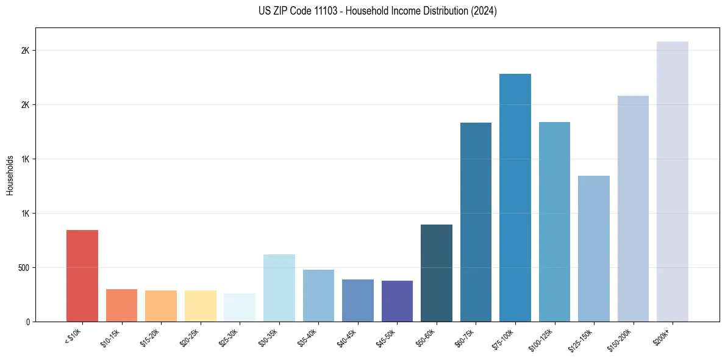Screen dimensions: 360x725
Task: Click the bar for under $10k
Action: pyautogui.click(x=82, y=276)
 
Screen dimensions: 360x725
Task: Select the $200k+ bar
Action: pyautogui.click(x=673, y=182)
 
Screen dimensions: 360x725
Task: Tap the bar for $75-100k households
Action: pyautogui.click(x=515, y=198)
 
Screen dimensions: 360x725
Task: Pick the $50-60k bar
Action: pyautogui.click(x=437, y=273)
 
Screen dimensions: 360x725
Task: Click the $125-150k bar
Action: pyautogui.click(x=594, y=249)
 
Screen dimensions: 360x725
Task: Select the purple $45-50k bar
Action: pyautogui.click(x=397, y=301)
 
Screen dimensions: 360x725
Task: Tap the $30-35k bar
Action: pyautogui.click(x=279, y=288)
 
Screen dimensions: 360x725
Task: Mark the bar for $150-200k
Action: pyautogui.click(x=633, y=209)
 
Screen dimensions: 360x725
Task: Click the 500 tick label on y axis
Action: pyautogui.click(x=23, y=268)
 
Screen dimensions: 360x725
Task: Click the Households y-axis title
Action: pyautogui.click(x=10, y=175)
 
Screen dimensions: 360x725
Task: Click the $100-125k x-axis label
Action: pyautogui.click(x=541, y=338)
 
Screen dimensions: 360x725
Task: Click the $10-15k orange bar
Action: pyautogui.click(x=122, y=305)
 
